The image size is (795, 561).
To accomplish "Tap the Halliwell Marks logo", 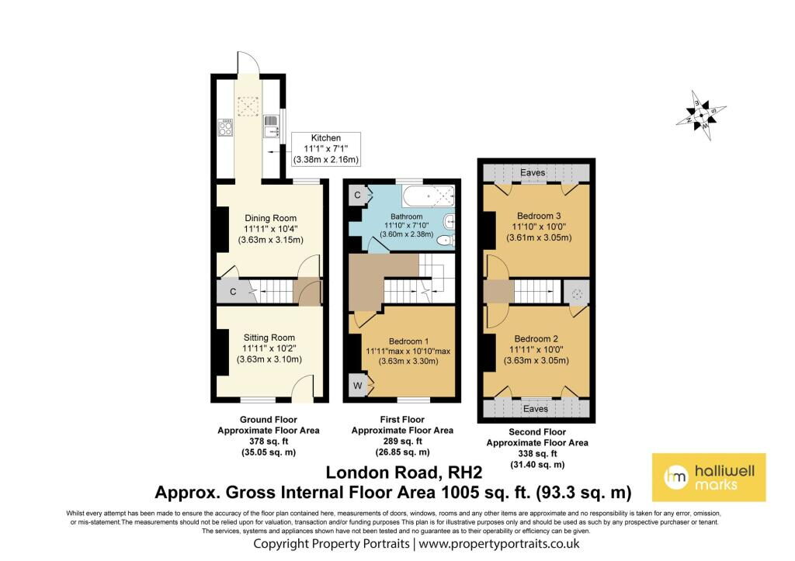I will [708, 476].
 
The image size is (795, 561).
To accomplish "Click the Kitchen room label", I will [325, 137].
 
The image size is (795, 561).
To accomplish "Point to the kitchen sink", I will [271, 123].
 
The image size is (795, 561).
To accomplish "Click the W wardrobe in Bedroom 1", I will [358, 386].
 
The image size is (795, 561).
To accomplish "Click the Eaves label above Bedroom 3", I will [533, 172].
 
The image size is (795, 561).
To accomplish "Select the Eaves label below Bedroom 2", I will [535, 408].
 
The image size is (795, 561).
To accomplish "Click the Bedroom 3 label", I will [537, 215].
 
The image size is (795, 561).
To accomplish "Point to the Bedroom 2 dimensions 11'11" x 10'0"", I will [536, 350].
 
